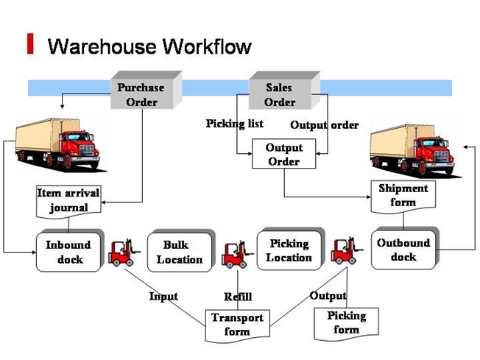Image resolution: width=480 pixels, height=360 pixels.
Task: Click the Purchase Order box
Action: [141, 94]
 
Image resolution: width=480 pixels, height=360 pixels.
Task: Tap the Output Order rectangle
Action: [283, 155]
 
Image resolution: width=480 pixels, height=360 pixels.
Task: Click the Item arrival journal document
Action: [68, 200]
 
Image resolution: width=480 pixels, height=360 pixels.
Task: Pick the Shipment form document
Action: [403, 195]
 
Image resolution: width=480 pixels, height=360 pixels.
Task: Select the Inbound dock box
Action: [69, 252]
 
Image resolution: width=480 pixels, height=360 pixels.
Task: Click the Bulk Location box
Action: [179, 252]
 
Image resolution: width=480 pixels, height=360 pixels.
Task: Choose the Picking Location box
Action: [289, 250]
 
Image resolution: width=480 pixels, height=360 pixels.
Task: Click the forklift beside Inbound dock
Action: [121, 252]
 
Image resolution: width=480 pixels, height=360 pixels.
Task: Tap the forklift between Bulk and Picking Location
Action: [235, 254]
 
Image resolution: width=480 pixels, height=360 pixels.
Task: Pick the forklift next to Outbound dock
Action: [345, 250]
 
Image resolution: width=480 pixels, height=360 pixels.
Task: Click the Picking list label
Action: [234, 124]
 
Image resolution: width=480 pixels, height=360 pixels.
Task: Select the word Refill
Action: [238, 297]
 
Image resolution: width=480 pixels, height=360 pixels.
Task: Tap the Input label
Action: [163, 296]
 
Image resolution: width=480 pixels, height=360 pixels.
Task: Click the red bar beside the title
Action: [30, 43]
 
